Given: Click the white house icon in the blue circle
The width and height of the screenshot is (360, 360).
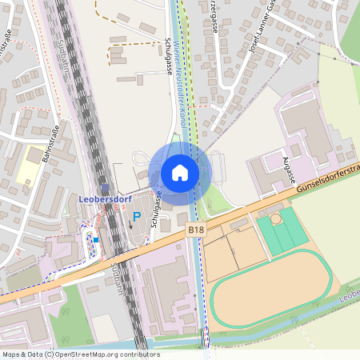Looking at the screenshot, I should (x=179, y=172).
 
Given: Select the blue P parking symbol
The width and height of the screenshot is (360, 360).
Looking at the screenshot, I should (x=137, y=216).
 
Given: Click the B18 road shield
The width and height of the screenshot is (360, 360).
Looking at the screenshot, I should (x=195, y=230).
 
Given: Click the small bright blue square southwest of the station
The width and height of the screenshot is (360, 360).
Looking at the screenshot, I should (x=96, y=238).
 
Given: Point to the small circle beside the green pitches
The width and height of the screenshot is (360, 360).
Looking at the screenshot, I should (x=276, y=218).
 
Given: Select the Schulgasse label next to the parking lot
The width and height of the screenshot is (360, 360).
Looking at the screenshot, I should (x=159, y=205).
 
